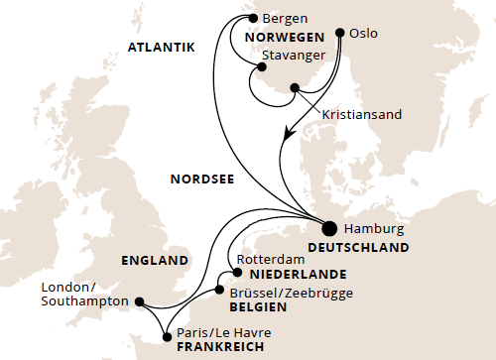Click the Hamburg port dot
pos(327,226)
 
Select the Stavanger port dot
pos(261,67)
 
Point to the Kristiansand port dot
pos(295,89)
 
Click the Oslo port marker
pos(343,33)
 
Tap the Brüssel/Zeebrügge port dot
pos(218,291)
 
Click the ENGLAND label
pos(155,261)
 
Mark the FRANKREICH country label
pos(219,348)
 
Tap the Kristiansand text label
pos(362,114)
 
